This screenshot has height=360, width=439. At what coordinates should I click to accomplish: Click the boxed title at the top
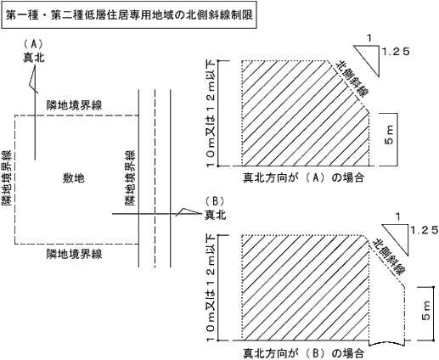pyautogui.click(x=129, y=15)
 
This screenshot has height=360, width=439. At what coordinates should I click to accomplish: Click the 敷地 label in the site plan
pyautogui.click(x=73, y=178)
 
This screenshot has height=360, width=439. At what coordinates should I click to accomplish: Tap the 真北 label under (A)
pyautogui.click(x=34, y=58)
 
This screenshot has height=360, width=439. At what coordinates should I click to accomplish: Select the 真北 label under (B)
pyautogui.click(x=216, y=215)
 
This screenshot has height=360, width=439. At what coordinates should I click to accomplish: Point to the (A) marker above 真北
pyautogui.click(x=34, y=44)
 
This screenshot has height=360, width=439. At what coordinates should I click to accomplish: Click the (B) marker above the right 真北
pyautogui.click(x=215, y=201)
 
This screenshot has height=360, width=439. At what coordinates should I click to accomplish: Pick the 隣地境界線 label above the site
pyautogui.click(x=74, y=105)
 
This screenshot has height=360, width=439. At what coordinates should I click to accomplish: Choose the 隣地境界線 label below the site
pyautogui.click(x=74, y=254)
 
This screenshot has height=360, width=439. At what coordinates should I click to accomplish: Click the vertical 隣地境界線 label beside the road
pyautogui.click(x=130, y=177)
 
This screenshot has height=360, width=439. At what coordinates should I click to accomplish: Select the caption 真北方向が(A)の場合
pyautogui.click(x=303, y=178)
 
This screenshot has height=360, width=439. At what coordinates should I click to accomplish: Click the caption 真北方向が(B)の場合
pyautogui.click(x=303, y=353)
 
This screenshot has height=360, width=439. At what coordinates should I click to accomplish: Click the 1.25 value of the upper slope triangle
pyautogui.click(x=396, y=52)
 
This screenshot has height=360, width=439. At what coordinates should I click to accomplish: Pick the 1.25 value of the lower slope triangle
pyautogui.click(x=424, y=230)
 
